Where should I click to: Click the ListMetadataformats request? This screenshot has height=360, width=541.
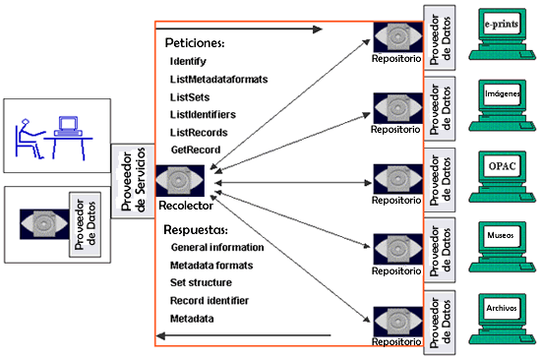[x=218, y=80]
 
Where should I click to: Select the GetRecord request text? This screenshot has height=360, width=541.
[x=196, y=150]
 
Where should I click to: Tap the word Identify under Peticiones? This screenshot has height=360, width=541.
[x=188, y=61]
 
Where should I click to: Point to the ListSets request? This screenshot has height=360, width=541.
[x=190, y=97]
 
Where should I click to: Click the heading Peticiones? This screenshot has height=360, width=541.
[x=195, y=43]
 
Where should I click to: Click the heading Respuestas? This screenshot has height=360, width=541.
[x=196, y=230]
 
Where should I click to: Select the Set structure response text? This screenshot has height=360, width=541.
[x=201, y=282]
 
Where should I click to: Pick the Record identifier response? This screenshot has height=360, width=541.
[x=210, y=301]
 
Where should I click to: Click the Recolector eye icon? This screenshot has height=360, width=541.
[x=180, y=181]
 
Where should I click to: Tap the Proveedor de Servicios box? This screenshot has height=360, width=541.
[x=133, y=181]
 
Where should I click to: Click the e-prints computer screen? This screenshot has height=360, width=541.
[x=502, y=25]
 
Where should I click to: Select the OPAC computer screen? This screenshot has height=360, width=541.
[x=502, y=166]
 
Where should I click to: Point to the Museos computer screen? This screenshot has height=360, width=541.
[x=502, y=237]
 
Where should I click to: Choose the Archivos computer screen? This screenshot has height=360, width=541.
[x=502, y=309]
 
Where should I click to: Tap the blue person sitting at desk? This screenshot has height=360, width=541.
[x=29, y=139]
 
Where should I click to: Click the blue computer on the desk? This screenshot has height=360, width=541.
[x=68, y=126]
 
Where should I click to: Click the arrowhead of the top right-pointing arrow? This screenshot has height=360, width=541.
[x=318, y=30]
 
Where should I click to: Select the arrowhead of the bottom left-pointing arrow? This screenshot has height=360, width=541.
[x=160, y=335]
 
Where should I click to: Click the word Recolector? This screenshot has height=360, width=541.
[x=186, y=206]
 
